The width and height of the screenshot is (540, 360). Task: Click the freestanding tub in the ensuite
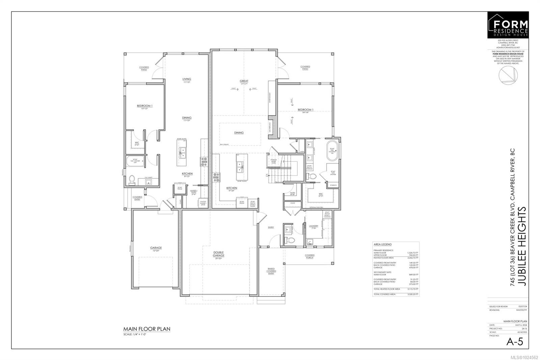tap(332, 150)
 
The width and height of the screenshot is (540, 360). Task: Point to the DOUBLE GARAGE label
tap(218, 254)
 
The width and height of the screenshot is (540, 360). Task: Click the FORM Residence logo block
tap(508, 25)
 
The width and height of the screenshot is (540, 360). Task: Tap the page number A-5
tap(515, 342)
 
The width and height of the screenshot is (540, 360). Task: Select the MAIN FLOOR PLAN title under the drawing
tap(147, 329)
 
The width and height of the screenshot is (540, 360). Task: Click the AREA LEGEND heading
tap(382, 244)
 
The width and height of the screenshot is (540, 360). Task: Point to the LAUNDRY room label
tap(314, 226)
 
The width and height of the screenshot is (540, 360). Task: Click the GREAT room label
tap(244, 81)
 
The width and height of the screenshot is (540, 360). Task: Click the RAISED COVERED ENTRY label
tap(271, 271)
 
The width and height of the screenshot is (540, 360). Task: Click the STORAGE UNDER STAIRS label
tap(273, 161)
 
